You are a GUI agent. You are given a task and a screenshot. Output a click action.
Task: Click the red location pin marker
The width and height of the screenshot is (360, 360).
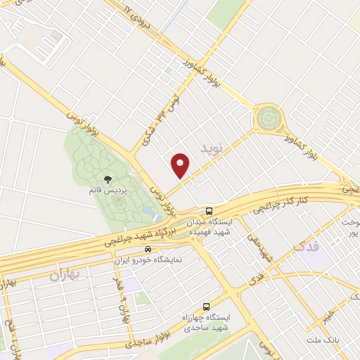[181, 165]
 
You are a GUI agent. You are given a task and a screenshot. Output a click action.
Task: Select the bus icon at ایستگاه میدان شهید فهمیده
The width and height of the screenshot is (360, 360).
[209, 210]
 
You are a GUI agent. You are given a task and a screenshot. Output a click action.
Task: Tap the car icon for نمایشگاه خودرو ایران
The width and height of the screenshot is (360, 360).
[147, 249]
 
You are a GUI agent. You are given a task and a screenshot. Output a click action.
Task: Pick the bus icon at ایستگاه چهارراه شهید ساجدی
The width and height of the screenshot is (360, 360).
[206, 307]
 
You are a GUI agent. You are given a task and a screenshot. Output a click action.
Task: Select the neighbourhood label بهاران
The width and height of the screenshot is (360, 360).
[67, 274]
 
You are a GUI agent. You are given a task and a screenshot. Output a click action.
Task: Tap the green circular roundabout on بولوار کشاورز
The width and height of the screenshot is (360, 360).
[268, 117]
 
